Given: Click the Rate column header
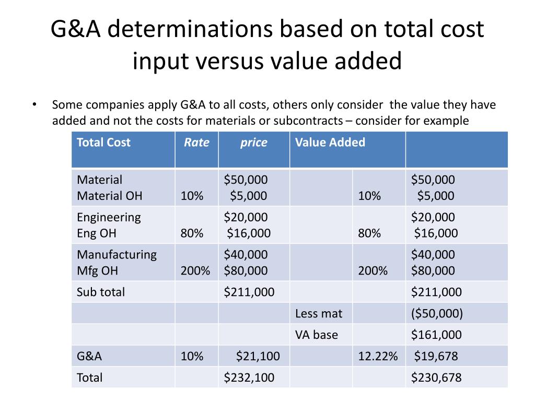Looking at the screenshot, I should point(196,143).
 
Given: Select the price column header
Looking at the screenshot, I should point(253,143).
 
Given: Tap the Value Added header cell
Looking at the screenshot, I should point(330,143).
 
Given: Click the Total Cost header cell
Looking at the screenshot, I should point(103,143).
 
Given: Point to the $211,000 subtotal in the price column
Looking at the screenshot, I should point(249,292).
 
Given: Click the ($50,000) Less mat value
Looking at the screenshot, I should point(437,313).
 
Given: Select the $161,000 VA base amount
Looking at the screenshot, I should point(436,335).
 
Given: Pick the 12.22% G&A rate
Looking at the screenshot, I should point(378,356).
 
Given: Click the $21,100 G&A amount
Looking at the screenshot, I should point(258,356).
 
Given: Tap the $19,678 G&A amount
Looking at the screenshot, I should point(436,356).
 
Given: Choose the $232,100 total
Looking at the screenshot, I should point(249,378).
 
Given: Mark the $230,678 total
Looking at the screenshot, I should point(436,378).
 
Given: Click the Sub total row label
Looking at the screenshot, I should point(101,292).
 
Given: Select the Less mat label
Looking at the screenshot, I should point(319,313).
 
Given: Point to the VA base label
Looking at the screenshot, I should point(317,335).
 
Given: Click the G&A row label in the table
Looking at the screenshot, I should point(89,356).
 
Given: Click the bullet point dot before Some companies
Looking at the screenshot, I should point(34,104).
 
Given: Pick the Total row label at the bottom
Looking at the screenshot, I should point(90,378).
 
